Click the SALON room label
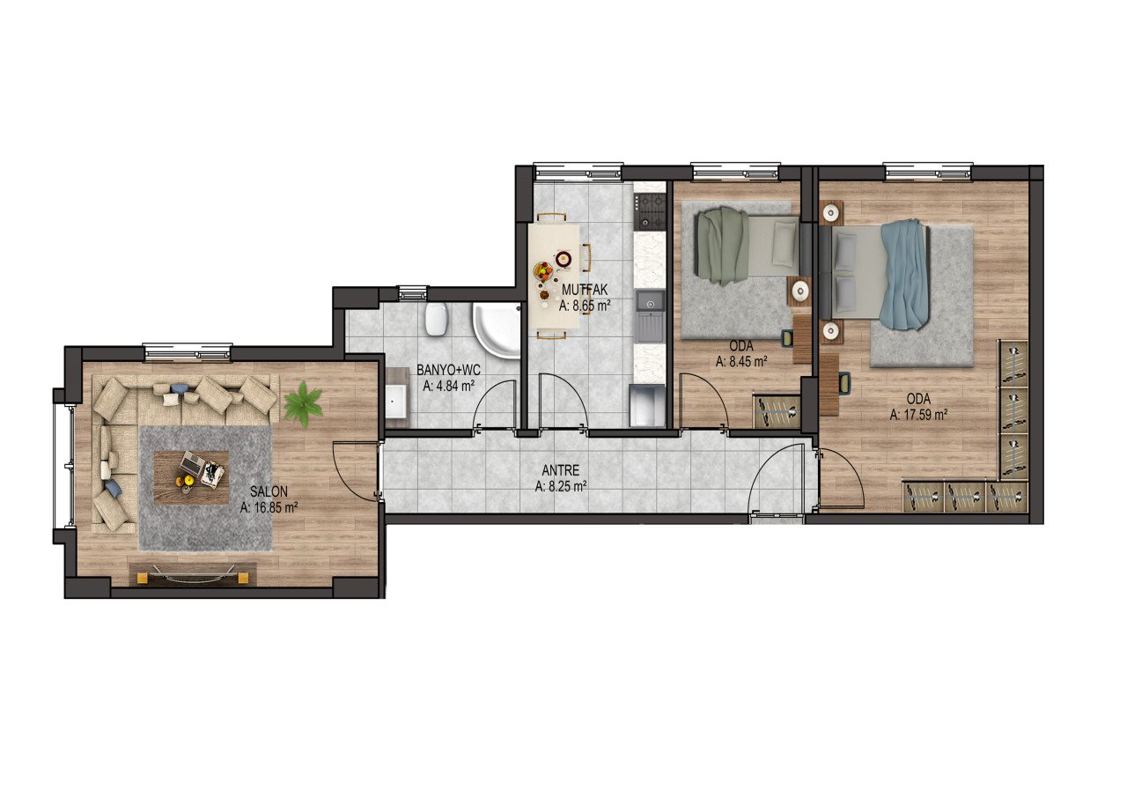269,491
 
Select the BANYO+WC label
448,371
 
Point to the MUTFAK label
585,290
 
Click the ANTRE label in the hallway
561,470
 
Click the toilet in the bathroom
436,319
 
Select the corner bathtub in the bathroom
496,330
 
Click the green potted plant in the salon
303,404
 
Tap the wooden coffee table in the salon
191,477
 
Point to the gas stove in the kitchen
651,213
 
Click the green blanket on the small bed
723,247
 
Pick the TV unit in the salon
192,574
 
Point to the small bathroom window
412,292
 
